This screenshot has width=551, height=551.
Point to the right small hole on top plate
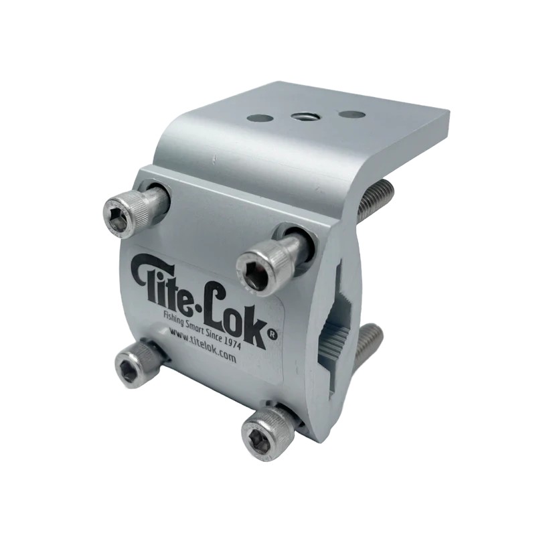pyautogui.click(x=351, y=114)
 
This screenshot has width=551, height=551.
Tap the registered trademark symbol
pyautogui.click(x=272, y=335)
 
